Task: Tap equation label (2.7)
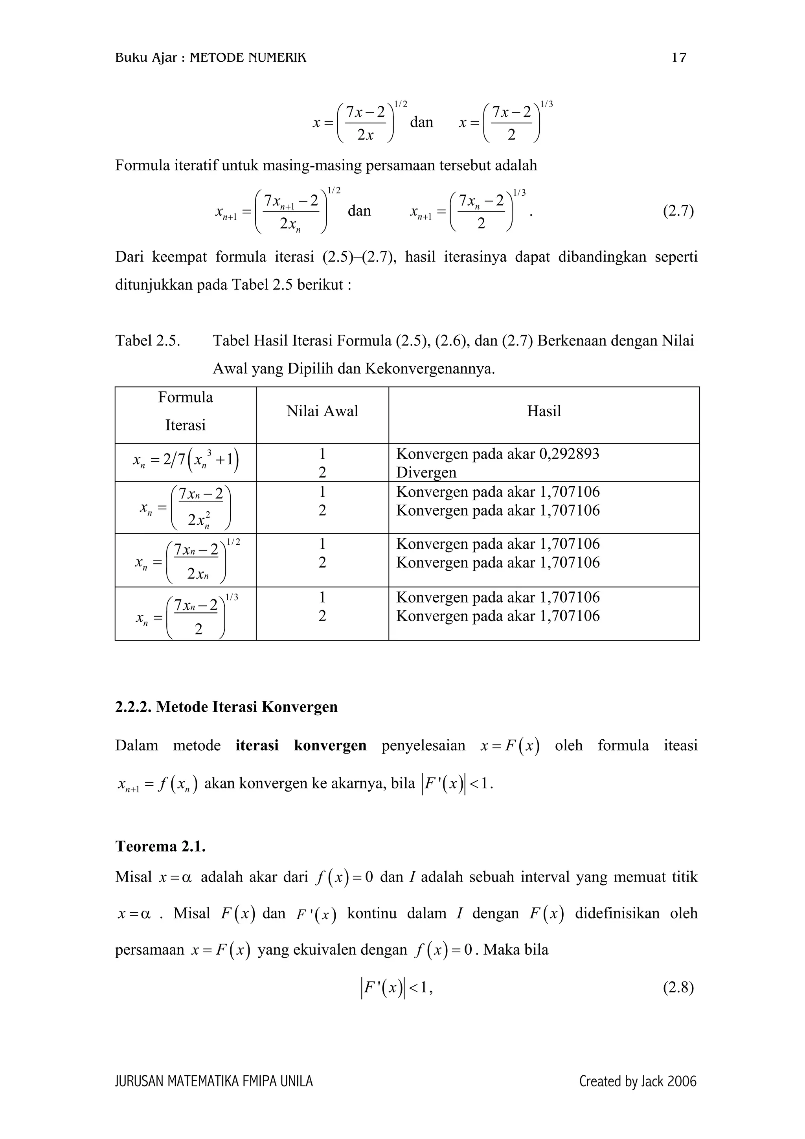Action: (x=678, y=211)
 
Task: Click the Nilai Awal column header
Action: (x=322, y=411)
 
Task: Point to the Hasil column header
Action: (x=544, y=411)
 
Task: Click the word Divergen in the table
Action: (x=426, y=472)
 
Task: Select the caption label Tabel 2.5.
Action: (x=147, y=341)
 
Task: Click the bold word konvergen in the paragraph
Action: (x=330, y=746)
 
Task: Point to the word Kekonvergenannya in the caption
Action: (x=430, y=369)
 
